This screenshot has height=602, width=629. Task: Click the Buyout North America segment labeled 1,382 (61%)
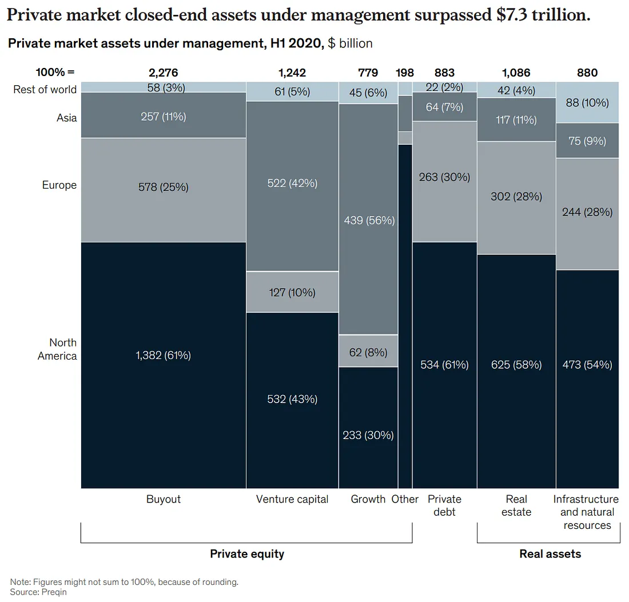[x=163, y=356]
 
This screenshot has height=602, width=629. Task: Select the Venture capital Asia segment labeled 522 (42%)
[x=292, y=184]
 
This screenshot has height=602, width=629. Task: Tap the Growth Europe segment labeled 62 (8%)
[x=368, y=352]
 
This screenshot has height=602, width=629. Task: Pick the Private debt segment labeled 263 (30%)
[x=444, y=177]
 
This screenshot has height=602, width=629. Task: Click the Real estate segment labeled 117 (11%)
[x=516, y=120]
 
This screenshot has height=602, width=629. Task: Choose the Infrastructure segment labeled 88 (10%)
[x=587, y=103]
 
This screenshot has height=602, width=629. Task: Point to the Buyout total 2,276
[x=163, y=73]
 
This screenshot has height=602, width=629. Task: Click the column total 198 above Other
[x=405, y=73]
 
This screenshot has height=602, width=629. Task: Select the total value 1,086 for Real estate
[x=516, y=73]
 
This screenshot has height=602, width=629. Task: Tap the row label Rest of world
[x=45, y=89]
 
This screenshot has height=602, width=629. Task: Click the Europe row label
[x=59, y=185]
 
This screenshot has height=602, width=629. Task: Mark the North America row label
[x=57, y=349]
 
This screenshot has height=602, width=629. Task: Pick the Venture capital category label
[x=292, y=499]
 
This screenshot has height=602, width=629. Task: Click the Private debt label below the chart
[x=444, y=505]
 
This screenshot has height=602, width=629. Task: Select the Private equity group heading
[x=247, y=553]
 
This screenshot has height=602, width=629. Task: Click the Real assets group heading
[x=550, y=553]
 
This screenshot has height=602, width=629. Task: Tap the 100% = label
[x=55, y=73]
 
